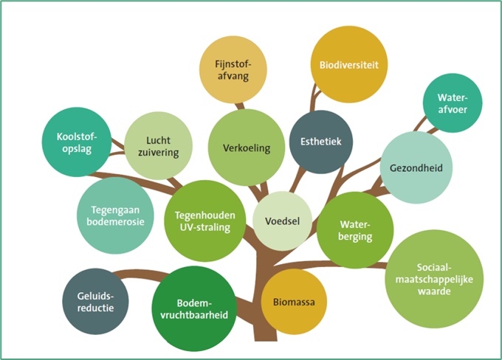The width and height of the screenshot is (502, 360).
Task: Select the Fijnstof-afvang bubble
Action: (232, 69)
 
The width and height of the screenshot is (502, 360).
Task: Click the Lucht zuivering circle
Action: (158, 145)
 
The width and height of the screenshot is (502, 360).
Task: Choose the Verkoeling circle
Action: (247, 148)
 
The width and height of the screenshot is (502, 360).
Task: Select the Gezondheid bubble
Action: (416, 167)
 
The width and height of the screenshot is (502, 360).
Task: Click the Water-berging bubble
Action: (354, 230)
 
